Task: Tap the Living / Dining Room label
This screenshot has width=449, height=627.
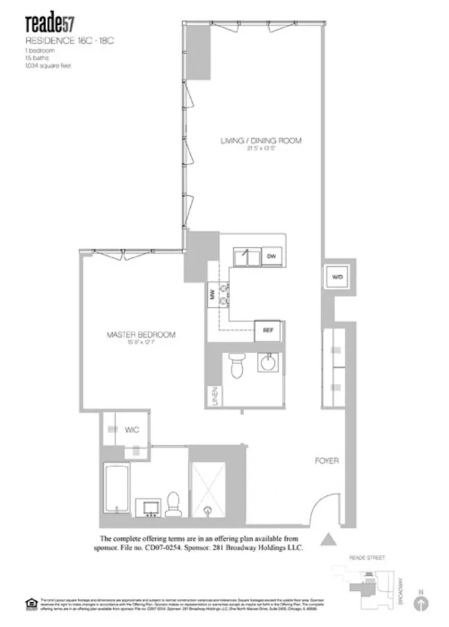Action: (261, 141)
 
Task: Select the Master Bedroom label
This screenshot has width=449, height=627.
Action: (141, 335)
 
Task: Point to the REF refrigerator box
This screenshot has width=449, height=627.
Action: (268, 330)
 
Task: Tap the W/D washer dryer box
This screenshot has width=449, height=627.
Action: (336, 277)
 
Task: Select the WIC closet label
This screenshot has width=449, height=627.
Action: (132, 430)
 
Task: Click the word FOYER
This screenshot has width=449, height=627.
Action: (327, 461)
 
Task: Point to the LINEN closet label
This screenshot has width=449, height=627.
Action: (215, 396)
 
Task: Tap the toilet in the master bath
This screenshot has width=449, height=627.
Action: (173, 504)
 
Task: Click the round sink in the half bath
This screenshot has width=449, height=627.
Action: (268, 363)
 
